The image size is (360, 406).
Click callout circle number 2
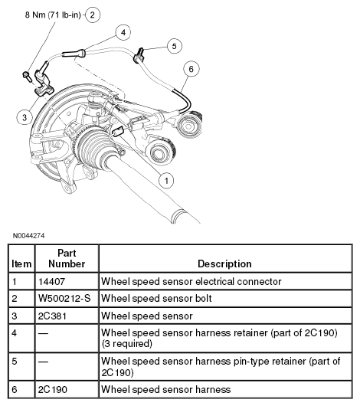coord(93,15)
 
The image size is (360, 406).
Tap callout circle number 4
coord(123,32)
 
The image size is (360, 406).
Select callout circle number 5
coord(174,46)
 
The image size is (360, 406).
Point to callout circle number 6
coord(191,69)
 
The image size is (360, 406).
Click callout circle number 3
coord(25,117)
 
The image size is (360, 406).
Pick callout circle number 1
coord(166,181)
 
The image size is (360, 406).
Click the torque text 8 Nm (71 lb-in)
coord(53,15)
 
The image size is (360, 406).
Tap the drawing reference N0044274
coord(29,236)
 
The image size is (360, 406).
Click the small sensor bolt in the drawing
coord(26,76)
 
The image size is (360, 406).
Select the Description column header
coord(224,264)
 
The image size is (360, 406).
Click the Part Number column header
coord(67,258)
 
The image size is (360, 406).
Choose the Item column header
coord(21,264)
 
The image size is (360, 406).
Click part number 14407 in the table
coord(51,281)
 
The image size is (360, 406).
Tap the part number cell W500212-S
coord(64,298)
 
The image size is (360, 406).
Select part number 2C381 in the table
coord(52,316)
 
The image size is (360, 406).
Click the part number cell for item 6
coord(53,389)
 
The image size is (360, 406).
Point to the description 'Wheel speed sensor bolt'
coord(156,298)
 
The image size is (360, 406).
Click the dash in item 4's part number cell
coord(43,333)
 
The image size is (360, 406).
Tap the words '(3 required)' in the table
coord(126,344)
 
